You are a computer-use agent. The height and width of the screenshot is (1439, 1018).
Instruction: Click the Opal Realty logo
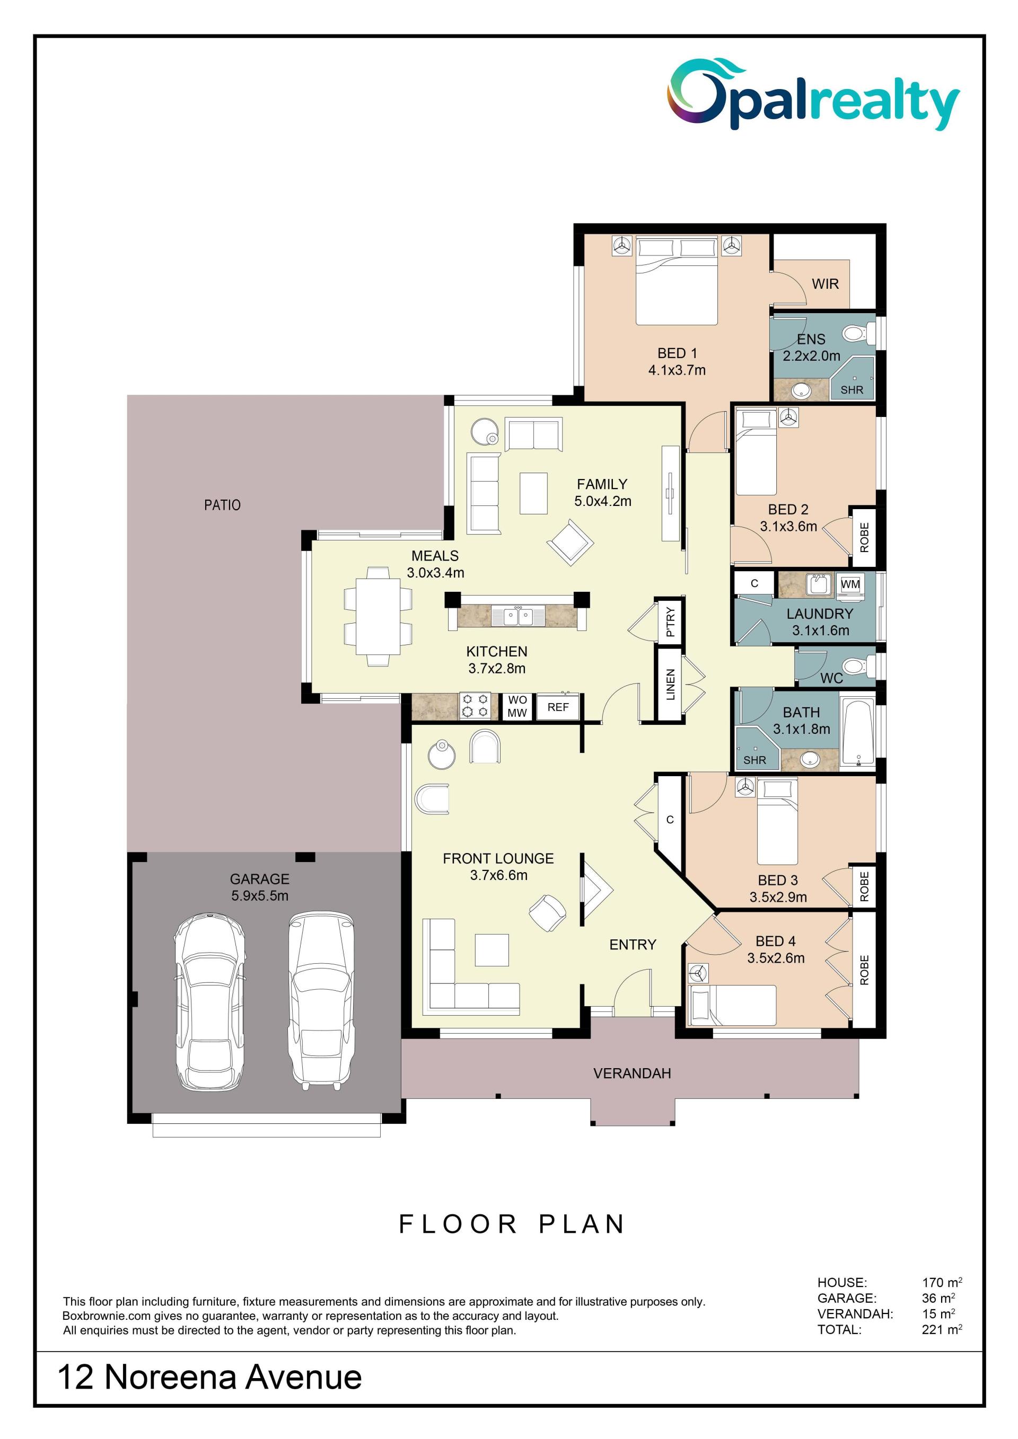pyautogui.click(x=812, y=95)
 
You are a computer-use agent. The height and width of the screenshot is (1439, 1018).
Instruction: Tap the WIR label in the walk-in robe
pyautogui.click(x=825, y=284)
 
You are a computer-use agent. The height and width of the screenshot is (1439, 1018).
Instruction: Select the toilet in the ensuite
pyautogui.click(x=858, y=333)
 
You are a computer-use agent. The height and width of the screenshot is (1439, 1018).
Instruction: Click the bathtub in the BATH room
pyautogui.click(x=857, y=731)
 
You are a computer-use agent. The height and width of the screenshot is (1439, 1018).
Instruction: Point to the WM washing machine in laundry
pyautogui.click(x=850, y=584)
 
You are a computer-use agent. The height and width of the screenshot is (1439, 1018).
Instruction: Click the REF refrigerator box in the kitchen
pyautogui.click(x=558, y=707)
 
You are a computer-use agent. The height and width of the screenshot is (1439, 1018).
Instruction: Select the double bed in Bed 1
pyautogui.click(x=677, y=280)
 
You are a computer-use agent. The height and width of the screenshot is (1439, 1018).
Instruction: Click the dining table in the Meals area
pyautogui.click(x=378, y=616)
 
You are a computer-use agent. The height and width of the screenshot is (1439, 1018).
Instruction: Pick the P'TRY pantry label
pyautogui.click(x=670, y=621)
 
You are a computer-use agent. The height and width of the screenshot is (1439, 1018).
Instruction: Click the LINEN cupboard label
pyautogui.click(x=670, y=684)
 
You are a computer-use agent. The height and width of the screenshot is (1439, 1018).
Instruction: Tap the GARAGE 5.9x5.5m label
pyautogui.click(x=260, y=887)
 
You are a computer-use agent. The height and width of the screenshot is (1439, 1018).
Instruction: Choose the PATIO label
pyautogui.click(x=222, y=504)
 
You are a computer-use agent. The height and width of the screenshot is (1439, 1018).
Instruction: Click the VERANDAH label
pyautogui.click(x=632, y=1073)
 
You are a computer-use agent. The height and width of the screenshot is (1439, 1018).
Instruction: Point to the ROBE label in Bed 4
pyautogui.click(x=864, y=970)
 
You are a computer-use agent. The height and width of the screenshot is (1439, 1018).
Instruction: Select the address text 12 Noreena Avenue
pyautogui.click(x=209, y=1378)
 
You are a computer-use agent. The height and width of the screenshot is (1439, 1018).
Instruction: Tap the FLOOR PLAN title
pyautogui.click(x=512, y=1223)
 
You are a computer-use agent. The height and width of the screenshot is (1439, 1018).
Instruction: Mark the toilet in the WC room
pyautogui.click(x=858, y=665)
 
